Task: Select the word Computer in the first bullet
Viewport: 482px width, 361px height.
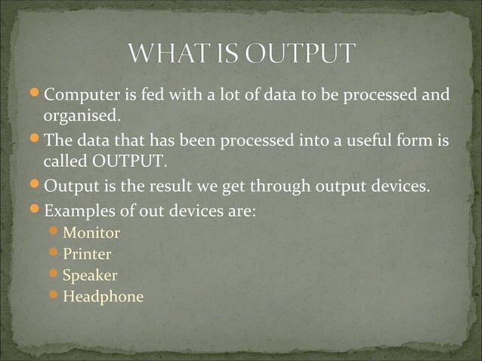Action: (x=79, y=95)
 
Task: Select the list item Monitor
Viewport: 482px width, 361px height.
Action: (x=91, y=233)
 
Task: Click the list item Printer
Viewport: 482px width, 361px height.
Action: (x=87, y=254)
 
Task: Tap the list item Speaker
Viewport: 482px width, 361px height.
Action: (x=90, y=275)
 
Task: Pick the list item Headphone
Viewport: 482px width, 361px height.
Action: (x=103, y=296)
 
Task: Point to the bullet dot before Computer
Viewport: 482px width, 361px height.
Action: (x=36, y=94)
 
